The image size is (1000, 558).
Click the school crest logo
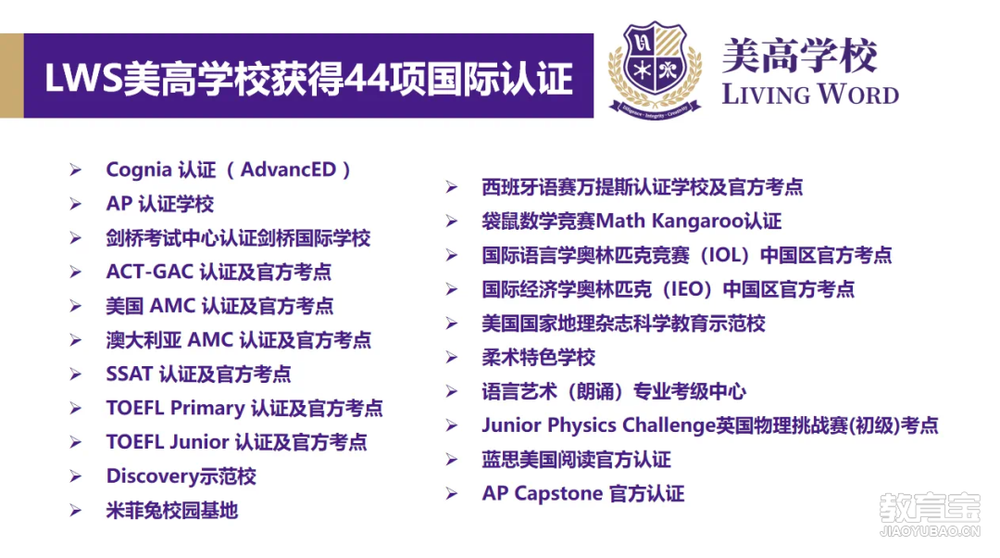[x=656, y=70]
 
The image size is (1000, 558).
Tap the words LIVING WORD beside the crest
[x=810, y=95]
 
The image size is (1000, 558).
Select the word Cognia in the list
[x=138, y=170]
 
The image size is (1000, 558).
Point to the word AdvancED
[x=288, y=170]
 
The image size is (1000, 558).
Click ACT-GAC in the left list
[x=150, y=272]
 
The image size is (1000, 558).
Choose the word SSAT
[x=130, y=374]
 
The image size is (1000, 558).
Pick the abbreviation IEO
[x=687, y=289]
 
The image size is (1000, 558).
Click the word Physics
[x=581, y=425]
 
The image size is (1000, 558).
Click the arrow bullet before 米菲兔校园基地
[x=76, y=511]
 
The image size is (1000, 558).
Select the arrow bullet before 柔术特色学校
[x=452, y=358]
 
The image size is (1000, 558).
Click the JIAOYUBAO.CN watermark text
[x=930, y=530]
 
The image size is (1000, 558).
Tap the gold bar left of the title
[x=11, y=75]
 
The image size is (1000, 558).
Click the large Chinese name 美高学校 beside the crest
[x=800, y=56]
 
